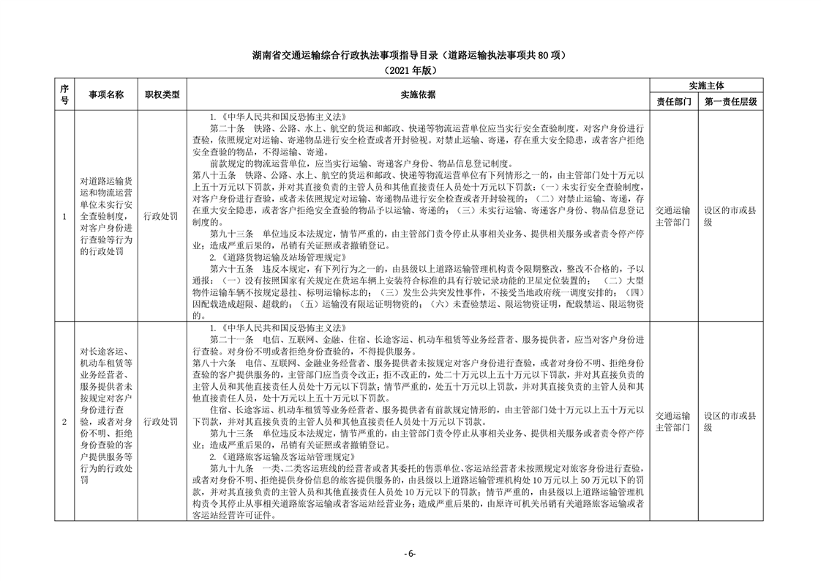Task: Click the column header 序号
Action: [x=64, y=95]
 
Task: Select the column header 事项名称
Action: [x=106, y=95]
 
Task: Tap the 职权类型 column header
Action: [x=162, y=95]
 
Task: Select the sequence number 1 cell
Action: [x=64, y=216]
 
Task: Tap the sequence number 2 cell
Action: [x=64, y=421]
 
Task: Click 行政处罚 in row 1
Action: [x=162, y=216]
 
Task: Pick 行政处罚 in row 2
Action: [x=162, y=421]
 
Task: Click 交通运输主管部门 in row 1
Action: [x=672, y=216]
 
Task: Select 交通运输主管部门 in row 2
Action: [x=672, y=421]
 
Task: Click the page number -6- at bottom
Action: [x=410, y=554]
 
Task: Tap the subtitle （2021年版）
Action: [x=410, y=70]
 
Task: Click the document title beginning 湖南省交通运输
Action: [x=410, y=56]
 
